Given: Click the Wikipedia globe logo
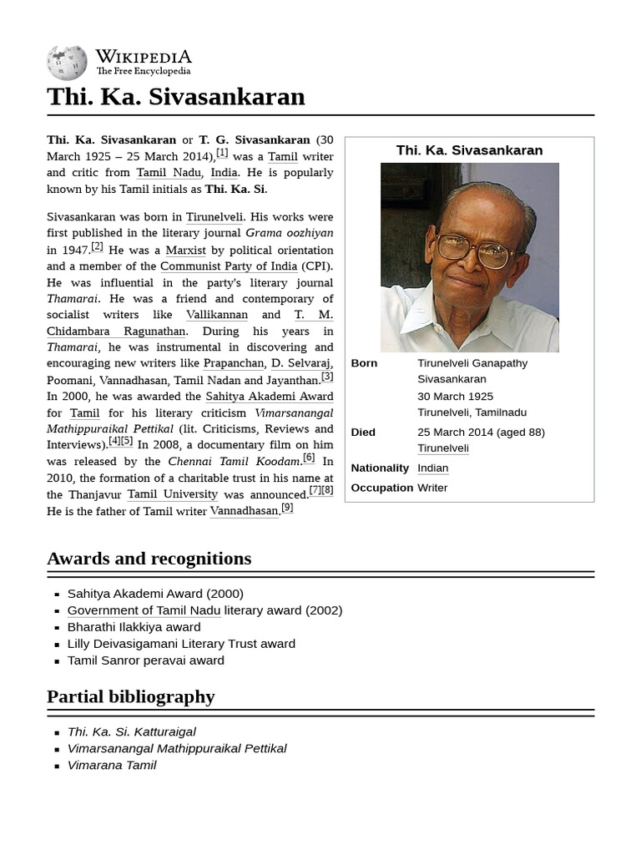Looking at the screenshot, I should click(x=67, y=63).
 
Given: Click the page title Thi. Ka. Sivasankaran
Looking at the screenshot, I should click(x=176, y=97).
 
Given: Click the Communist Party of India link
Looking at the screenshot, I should click(x=229, y=266).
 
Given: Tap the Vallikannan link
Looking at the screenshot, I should click(x=217, y=315).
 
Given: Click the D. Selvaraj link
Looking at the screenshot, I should click(x=301, y=363).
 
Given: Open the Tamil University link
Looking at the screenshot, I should click(x=172, y=494).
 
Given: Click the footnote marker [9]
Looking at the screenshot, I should click(x=286, y=508).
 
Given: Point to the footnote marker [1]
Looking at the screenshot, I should click(x=222, y=153).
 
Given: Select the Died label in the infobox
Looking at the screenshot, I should click(x=363, y=433).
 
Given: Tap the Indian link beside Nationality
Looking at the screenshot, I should click(x=433, y=468).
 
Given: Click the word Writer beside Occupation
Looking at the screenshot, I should click(x=432, y=488).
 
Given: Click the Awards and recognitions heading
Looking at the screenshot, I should click(x=149, y=559).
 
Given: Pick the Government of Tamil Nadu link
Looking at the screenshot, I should click(x=144, y=610).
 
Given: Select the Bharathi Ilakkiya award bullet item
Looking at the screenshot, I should click(x=134, y=627).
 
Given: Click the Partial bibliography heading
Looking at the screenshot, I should click(x=131, y=696).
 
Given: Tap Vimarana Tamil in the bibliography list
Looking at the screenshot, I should click(x=112, y=765).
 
